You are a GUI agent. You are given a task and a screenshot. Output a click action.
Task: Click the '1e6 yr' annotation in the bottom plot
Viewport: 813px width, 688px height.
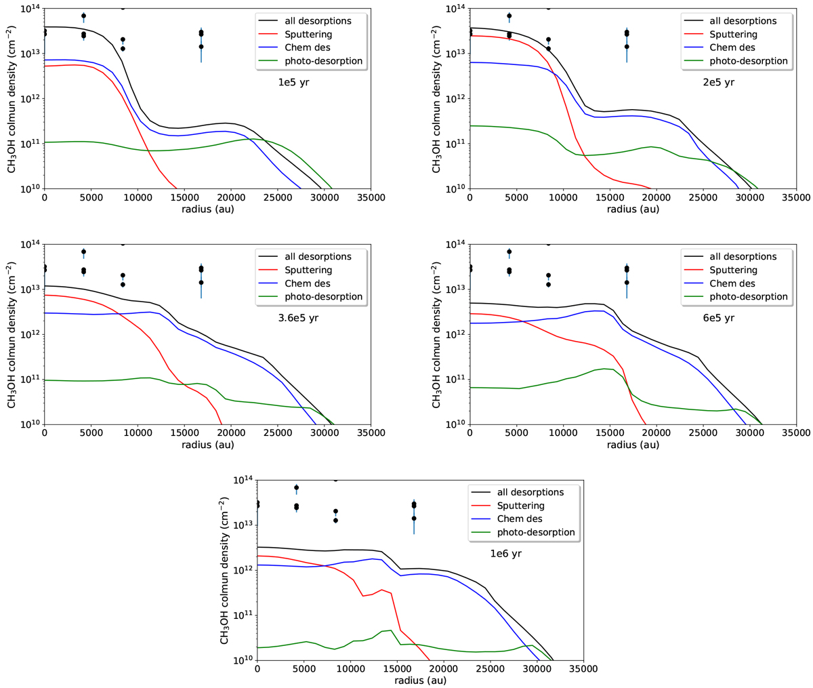click(497, 554)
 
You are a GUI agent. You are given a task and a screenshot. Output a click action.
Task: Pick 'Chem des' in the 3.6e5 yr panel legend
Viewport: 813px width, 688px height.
click(304, 283)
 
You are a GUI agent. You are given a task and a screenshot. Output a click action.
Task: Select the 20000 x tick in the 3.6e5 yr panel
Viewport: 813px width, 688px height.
click(230, 433)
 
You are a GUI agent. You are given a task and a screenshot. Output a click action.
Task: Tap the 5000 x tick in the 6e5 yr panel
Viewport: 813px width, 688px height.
click(516, 433)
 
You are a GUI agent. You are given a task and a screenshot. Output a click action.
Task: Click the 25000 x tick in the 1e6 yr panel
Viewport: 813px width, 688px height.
click(490, 669)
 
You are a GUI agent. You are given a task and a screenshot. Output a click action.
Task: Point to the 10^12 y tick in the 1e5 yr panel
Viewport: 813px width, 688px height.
click(30, 99)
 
